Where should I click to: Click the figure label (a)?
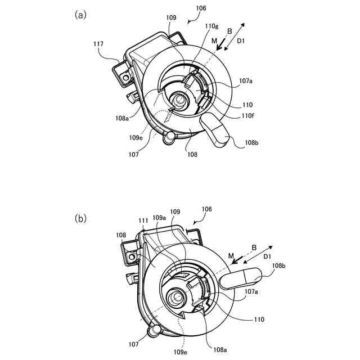(x=80, y=15)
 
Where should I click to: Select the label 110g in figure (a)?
(x=212, y=26)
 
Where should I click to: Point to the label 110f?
(x=247, y=116)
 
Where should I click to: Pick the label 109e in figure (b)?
(x=181, y=352)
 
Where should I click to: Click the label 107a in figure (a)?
(x=246, y=81)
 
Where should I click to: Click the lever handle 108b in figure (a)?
(x=214, y=130)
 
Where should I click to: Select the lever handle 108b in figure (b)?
(x=241, y=278)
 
